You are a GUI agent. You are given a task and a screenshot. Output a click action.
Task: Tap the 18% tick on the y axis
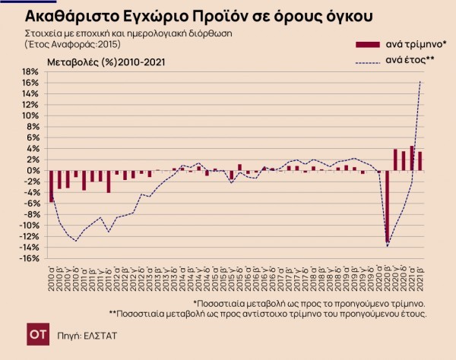[30, 72]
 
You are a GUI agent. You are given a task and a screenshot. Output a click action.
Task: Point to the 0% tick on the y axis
[33, 170]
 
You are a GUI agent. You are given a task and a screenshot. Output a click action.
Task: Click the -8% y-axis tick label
[30, 214]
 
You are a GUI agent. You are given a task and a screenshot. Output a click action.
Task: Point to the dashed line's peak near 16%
[420, 81]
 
